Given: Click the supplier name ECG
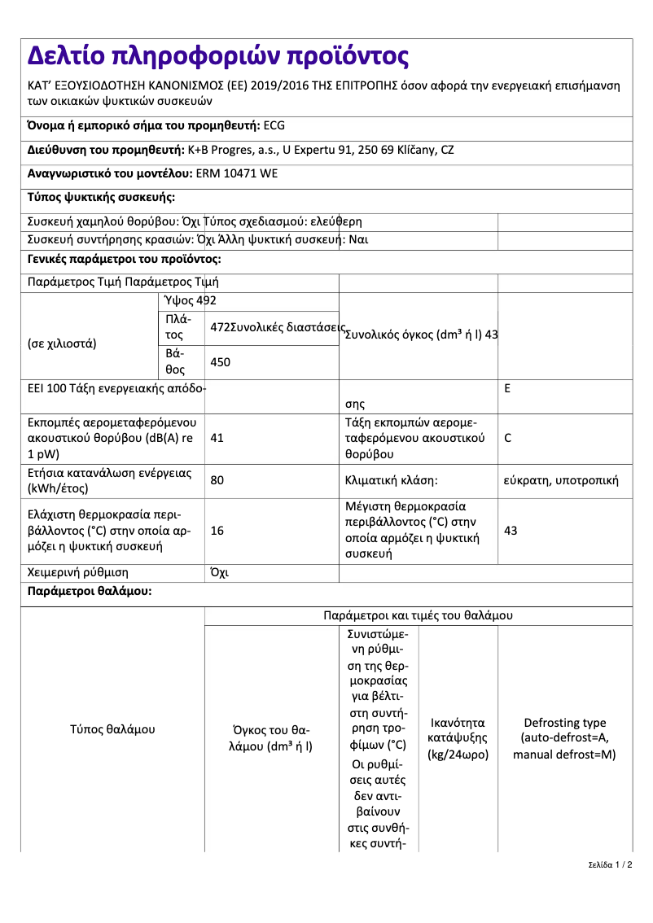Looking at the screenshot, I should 274,125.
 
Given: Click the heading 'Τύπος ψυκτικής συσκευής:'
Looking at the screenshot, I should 101,198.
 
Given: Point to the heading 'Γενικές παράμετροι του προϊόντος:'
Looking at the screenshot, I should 124,259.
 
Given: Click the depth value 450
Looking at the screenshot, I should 220,362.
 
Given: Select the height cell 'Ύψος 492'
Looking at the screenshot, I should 191,301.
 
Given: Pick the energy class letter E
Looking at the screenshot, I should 507,388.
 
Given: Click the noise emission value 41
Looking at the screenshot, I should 217,437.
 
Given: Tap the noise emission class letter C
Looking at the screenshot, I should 508,437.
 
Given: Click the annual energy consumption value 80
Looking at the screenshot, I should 217,480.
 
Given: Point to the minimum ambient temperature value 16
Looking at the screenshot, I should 217,531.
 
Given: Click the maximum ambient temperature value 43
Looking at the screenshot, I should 511,531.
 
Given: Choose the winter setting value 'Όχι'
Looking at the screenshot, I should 219,572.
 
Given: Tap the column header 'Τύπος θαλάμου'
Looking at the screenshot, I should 112,729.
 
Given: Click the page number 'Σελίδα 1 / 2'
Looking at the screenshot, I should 610,864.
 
